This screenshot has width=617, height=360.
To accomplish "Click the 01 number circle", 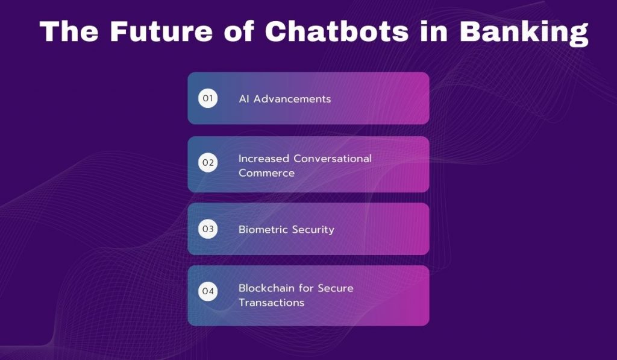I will click(x=208, y=98).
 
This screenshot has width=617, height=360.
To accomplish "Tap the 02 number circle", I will click(x=208, y=163).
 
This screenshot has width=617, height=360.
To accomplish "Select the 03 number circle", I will click(x=208, y=229).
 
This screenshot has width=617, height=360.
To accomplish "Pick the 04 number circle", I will click(x=208, y=292).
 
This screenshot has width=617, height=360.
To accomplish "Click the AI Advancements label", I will click(x=284, y=99).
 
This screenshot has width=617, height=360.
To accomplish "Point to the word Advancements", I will click(x=292, y=99).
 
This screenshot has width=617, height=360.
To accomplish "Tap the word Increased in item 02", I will click(x=264, y=159).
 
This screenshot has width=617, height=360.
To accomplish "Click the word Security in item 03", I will click(x=313, y=230).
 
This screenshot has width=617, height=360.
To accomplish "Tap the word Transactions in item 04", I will click(x=272, y=302).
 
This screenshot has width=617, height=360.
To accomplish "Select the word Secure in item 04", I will click(x=334, y=288).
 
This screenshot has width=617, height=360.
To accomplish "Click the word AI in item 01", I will click(x=244, y=99).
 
